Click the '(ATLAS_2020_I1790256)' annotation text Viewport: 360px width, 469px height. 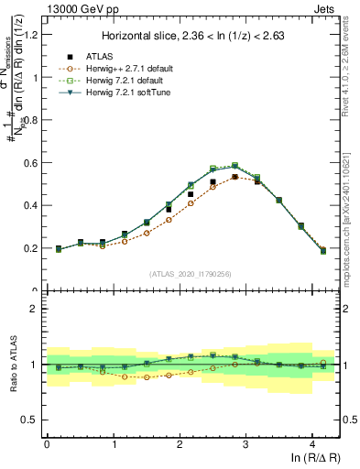tap(191, 274)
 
